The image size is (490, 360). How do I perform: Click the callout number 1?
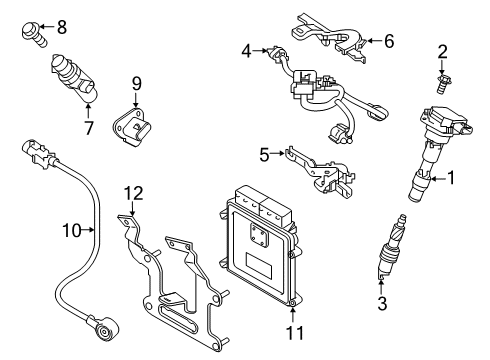pyautogui.click(x=451, y=180)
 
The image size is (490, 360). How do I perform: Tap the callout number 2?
pyautogui.click(x=442, y=51)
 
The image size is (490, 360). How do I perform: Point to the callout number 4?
pyautogui.click(x=246, y=48)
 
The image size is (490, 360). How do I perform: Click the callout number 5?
pyautogui.click(x=264, y=153)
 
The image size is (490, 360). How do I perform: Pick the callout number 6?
pyautogui.click(x=389, y=41)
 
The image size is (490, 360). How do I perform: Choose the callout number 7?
pyautogui.click(x=88, y=127)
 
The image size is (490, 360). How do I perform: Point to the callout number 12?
pyautogui.click(x=133, y=192)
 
